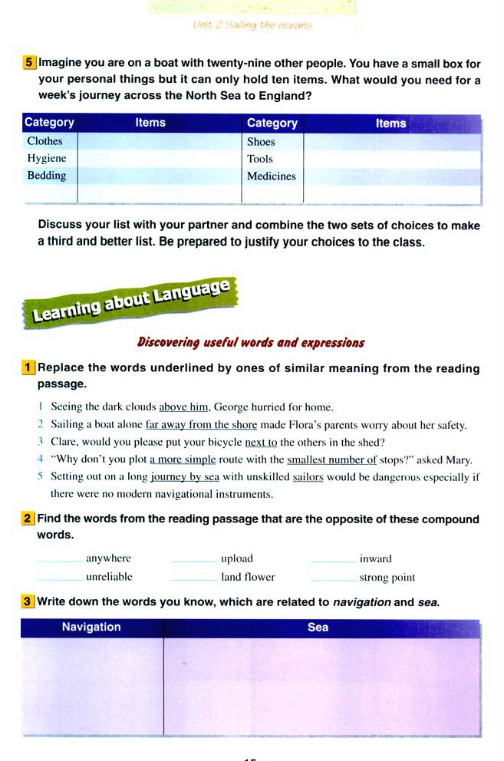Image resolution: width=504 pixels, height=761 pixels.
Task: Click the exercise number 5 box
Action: pyautogui.click(x=30, y=62)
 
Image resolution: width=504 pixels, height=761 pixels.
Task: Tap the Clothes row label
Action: pyautogui.click(x=44, y=141)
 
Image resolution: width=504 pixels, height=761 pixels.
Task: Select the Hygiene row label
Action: pyautogui.click(x=47, y=158)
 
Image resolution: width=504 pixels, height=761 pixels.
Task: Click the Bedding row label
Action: pyautogui.click(x=47, y=175)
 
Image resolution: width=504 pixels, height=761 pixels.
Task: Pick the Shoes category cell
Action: pyautogui.click(x=261, y=142)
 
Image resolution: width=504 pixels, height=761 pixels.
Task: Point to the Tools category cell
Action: pyautogui.click(x=260, y=159)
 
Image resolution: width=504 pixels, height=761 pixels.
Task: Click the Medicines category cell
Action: pyautogui.click(x=271, y=176)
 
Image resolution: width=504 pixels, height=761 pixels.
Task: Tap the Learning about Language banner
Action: pyautogui.click(x=130, y=301)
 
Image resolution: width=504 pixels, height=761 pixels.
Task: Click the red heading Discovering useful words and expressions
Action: pyautogui.click(x=251, y=342)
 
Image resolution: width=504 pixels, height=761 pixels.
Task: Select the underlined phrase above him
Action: pyautogui.click(x=183, y=407)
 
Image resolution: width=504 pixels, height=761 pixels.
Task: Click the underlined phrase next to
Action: pyautogui.click(x=261, y=442)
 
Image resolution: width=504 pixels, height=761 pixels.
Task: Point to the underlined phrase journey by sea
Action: pyautogui.click(x=185, y=477)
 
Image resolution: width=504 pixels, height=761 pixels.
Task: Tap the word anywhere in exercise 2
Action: pyautogui.click(x=108, y=558)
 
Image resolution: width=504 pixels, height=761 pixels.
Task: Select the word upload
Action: pyautogui.click(x=236, y=558)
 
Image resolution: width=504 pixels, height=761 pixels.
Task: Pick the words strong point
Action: pyautogui.click(x=387, y=577)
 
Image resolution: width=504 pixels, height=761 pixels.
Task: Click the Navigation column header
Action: pyautogui.click(x=91, y=628)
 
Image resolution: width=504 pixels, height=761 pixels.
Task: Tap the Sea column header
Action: pyautogui.click(x=318, y=628)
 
